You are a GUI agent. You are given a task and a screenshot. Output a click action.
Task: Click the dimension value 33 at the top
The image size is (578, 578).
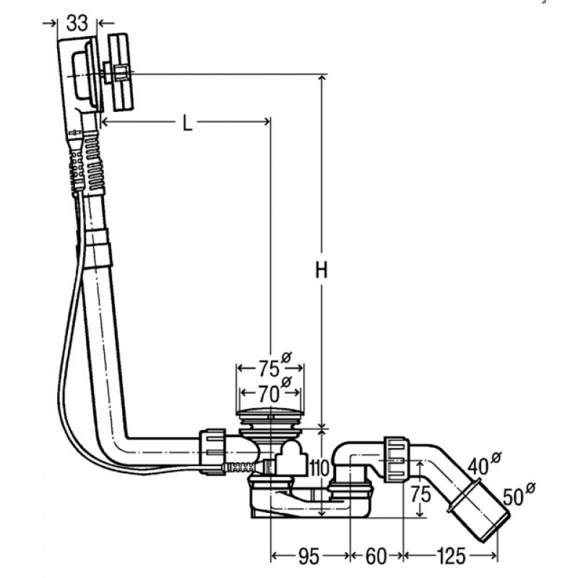tap(77, 23)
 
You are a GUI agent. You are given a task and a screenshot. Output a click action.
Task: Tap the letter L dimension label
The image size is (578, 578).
tap(188, 123)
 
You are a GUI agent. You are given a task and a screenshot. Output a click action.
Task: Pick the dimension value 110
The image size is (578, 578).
tap(319, 468)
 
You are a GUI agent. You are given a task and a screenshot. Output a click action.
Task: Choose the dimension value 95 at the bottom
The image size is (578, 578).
tap(309, 556)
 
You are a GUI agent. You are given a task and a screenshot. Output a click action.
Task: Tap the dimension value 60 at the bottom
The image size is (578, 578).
tap(376, 556)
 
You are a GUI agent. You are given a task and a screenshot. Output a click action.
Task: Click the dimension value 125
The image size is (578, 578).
tap(451, 556)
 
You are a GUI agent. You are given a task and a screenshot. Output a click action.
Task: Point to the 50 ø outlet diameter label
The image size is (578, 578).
tap(519, 494)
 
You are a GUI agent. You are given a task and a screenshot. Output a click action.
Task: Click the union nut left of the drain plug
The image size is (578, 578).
tap(213, 452)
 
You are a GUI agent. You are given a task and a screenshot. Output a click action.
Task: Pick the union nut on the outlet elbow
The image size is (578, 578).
tap(396, 460)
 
